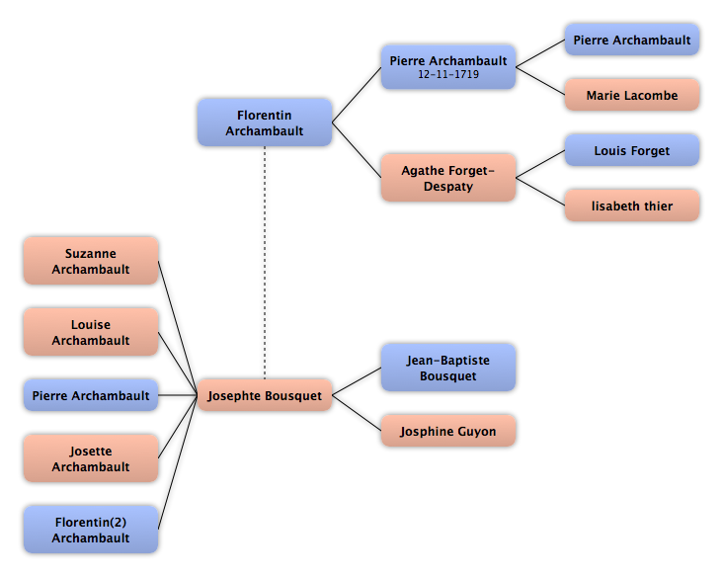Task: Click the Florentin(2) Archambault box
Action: [91, 530]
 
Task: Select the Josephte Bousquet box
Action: [265, 395]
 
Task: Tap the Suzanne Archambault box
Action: [91, 261]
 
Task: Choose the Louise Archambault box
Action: [91, 332]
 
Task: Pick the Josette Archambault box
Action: [91, 458]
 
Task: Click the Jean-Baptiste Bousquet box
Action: [448, 368]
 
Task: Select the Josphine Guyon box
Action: [448, 431]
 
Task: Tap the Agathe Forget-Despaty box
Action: [448, 178]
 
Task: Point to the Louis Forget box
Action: [632, 150]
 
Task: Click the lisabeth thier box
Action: [632, 206]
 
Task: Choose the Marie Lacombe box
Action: [632, 95]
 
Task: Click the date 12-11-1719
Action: [448, 74]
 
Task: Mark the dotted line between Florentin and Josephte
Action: [265, 263]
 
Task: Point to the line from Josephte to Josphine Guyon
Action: [357, 413]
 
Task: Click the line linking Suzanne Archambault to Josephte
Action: [178, 328]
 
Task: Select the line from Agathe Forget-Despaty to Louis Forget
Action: [540, 164]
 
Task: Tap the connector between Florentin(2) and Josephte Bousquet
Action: [178, 462]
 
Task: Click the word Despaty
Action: [448, 187]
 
